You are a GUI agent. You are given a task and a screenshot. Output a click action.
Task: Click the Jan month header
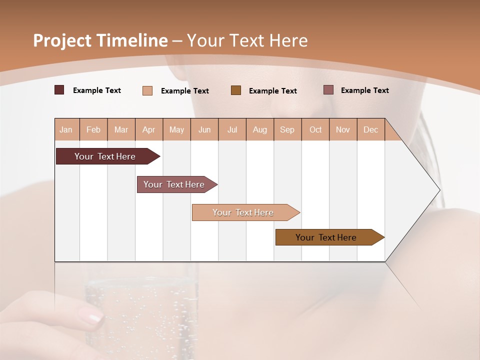tap(66, 129)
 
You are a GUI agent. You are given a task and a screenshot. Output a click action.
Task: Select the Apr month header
tap(148, 129)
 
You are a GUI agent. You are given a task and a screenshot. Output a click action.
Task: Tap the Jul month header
tap(232, 129)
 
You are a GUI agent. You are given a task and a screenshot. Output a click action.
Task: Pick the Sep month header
tap(287, 129)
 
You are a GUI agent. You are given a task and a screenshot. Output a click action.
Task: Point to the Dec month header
tap(370, 129)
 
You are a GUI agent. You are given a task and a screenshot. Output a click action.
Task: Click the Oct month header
tap(315, 129)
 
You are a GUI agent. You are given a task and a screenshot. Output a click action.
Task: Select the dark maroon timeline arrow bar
tap(105, 156)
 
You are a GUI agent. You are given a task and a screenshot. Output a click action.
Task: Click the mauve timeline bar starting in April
tap(174, 184)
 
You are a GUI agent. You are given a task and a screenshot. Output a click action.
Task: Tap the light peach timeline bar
tap(243, 212)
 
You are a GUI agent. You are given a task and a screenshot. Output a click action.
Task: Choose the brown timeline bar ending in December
tap(326, 237)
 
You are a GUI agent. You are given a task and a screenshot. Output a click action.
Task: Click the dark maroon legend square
tap(59, 90)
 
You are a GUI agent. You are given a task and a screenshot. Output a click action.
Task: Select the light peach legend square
tap(147, 90)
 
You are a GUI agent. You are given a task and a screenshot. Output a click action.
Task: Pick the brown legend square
tap(236, 90)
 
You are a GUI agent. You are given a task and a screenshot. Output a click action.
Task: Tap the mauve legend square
tap(328, 90)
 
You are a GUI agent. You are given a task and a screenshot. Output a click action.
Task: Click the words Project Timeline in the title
tap(100, 40)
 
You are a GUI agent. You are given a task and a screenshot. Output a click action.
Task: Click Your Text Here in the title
tap(247, 40)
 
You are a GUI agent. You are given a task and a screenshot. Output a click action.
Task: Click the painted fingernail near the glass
tap(91, 315)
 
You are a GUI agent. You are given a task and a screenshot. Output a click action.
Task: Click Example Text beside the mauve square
tap(364, 90)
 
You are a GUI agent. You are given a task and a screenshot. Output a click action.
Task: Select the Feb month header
tap(93, 129)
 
